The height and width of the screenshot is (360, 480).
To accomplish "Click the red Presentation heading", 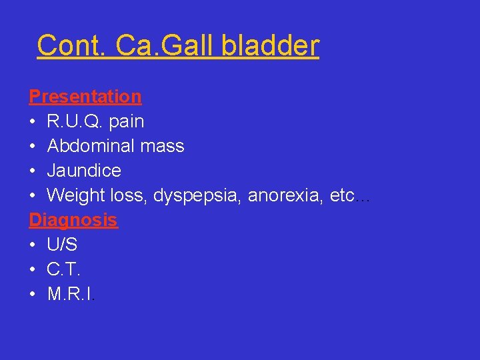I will click(85, 97).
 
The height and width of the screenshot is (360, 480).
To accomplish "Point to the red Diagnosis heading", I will click(73, 220).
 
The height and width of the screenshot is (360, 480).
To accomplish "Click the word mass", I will click(163, 146).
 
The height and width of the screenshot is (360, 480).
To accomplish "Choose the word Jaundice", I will click(84, 171).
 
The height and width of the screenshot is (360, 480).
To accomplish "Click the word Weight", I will click(75, 195).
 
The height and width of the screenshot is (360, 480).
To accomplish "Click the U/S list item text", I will click(62, 245).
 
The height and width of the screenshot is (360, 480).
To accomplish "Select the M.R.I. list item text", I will click(71, 294).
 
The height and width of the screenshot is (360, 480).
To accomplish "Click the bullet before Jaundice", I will click(33, 171).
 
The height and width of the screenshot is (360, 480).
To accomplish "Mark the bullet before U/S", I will click(33, 245).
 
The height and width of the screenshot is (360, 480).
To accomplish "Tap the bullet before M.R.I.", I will click(33, 295).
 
